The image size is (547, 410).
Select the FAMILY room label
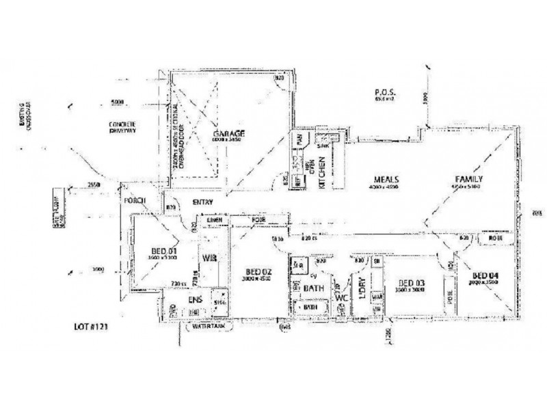click(470, 180)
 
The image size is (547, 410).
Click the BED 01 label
click(163, 251)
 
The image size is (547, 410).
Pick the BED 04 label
click(483, 275)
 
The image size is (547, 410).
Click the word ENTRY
click(203, 202)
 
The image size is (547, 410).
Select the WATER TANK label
click(208, 327)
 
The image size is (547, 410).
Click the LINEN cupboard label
click(214, 220)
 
